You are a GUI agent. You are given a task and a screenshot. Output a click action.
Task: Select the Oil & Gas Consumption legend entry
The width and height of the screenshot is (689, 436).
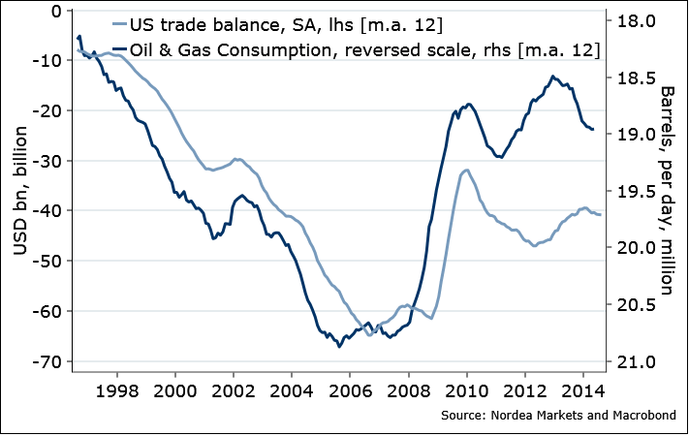pos(358,47)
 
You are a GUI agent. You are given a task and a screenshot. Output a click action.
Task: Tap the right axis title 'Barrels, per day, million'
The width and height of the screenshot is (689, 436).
pos(668,189)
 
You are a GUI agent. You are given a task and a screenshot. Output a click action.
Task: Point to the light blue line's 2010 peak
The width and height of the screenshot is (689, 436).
pos(467,170)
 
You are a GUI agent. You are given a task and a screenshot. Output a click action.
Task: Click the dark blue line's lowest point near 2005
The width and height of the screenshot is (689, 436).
pos(339,346)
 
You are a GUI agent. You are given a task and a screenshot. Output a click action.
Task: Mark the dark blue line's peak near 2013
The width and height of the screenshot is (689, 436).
pos(552,76)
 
